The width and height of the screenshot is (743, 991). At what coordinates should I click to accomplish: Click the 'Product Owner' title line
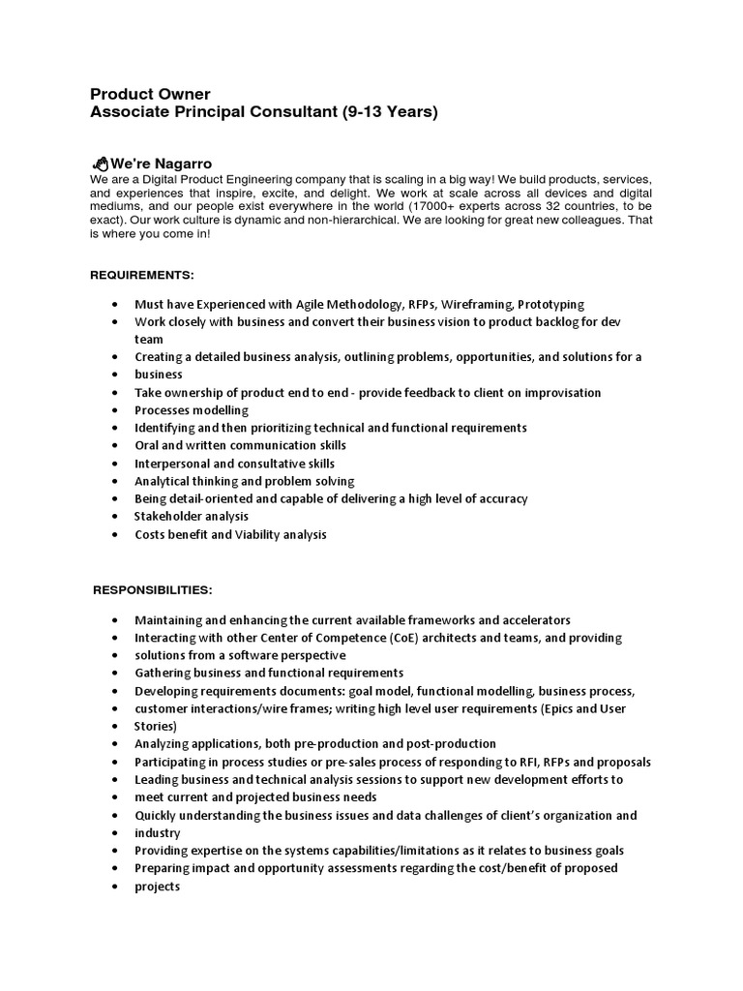pyautogui.click(x=150, y=94)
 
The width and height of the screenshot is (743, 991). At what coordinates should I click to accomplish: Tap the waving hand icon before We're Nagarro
pyautogui.click(x=100, y=164)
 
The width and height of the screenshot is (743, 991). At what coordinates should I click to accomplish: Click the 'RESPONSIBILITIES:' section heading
pyautogui.click(x=152, y=589)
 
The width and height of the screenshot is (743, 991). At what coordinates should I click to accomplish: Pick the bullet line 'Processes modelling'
pyautogui.click(x=192, y=410)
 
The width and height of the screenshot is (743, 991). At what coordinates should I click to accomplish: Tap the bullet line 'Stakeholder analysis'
pyautogui.click(x=192, y=517)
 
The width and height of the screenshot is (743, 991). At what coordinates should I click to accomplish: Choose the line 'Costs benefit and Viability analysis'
pyautogui.click(x=230, y=534)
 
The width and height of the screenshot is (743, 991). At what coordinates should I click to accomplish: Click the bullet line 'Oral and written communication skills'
pyautogui.click(x=240, y=445)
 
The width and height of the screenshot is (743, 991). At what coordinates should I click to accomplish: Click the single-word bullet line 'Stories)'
pyautogui.click(x=156, y=726)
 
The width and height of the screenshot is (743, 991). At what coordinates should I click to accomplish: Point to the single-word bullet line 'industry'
pyautogui.click(x=158, y=833)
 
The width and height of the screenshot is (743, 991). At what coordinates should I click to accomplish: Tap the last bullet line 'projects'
pyautogui.click(x=158, y=886)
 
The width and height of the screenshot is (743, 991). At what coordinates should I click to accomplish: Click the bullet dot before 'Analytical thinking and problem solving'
pyautogui.click(x=115, y=481)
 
